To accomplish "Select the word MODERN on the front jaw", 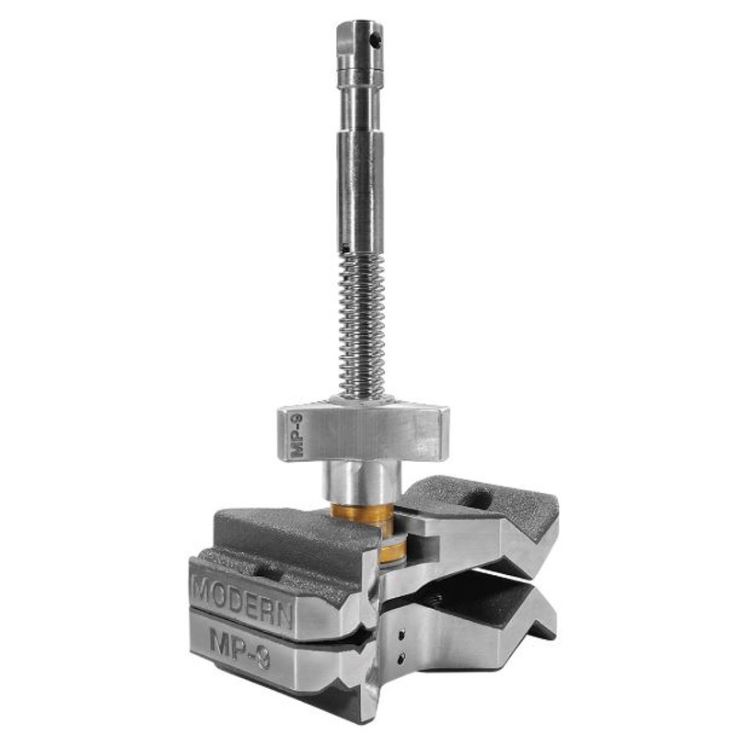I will pyautogui.click(x=242, y=594).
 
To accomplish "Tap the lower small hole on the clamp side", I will pyautogui.click(x=402, y=656).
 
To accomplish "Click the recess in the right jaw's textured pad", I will pyautogui.click(x=480, y=498).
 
